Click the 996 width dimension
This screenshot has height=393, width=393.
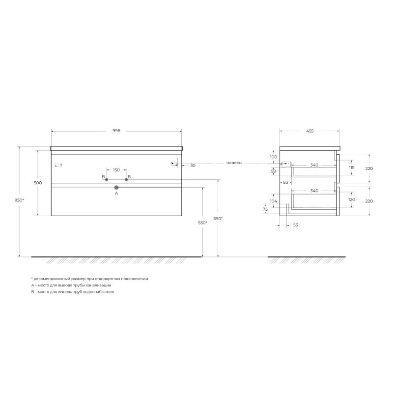tap(116, 131)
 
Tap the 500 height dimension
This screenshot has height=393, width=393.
tap(38, 183)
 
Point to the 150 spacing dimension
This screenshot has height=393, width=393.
tap(116, 170)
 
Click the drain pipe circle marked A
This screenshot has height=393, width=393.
tap(116, 187)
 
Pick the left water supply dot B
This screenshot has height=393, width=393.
tap(107, 180)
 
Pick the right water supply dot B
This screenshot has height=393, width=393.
tap(126, 180)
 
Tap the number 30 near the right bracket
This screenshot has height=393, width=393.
tap(193, 166)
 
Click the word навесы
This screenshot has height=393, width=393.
tap(234, 163)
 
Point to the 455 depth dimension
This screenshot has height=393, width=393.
tap(309, 131)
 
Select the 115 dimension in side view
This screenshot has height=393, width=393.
tap(351, 168)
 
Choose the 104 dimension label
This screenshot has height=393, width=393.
tap(274, 201)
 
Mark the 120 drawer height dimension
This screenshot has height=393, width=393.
tap(351, 200)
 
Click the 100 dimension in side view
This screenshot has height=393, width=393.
tap(274, 157)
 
